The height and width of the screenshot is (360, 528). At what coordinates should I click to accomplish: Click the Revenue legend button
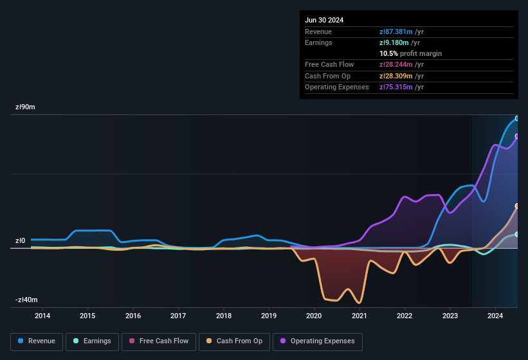(37, 341)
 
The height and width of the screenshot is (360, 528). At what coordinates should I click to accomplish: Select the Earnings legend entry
(92, 341)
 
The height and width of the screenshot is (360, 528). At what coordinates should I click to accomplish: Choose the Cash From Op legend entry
(235, 341)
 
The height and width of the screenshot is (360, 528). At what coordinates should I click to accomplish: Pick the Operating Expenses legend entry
(318, 341)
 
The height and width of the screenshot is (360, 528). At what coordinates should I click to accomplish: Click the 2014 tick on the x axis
(42, 316)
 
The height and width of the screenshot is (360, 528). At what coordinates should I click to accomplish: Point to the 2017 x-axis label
(178, 316)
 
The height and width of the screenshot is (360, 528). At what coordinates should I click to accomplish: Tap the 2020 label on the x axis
(314, 316)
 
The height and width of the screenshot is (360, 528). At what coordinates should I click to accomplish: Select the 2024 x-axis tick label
(495, 316)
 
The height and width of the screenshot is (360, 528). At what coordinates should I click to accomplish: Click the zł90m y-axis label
(25, 107)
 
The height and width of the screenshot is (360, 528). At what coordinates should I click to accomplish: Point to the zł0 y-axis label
(20, 241)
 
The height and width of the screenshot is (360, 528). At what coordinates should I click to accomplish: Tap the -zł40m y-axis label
(26, 300)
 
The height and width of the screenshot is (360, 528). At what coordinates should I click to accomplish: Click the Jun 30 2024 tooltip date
(324, 20)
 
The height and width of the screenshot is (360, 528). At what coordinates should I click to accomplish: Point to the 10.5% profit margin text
(410, 53)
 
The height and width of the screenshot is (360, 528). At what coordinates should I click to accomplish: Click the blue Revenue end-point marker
(517, 118)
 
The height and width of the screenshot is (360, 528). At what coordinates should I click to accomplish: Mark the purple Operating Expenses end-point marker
(517, 136)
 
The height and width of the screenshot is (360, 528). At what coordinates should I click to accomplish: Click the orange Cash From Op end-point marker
(517, 206)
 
